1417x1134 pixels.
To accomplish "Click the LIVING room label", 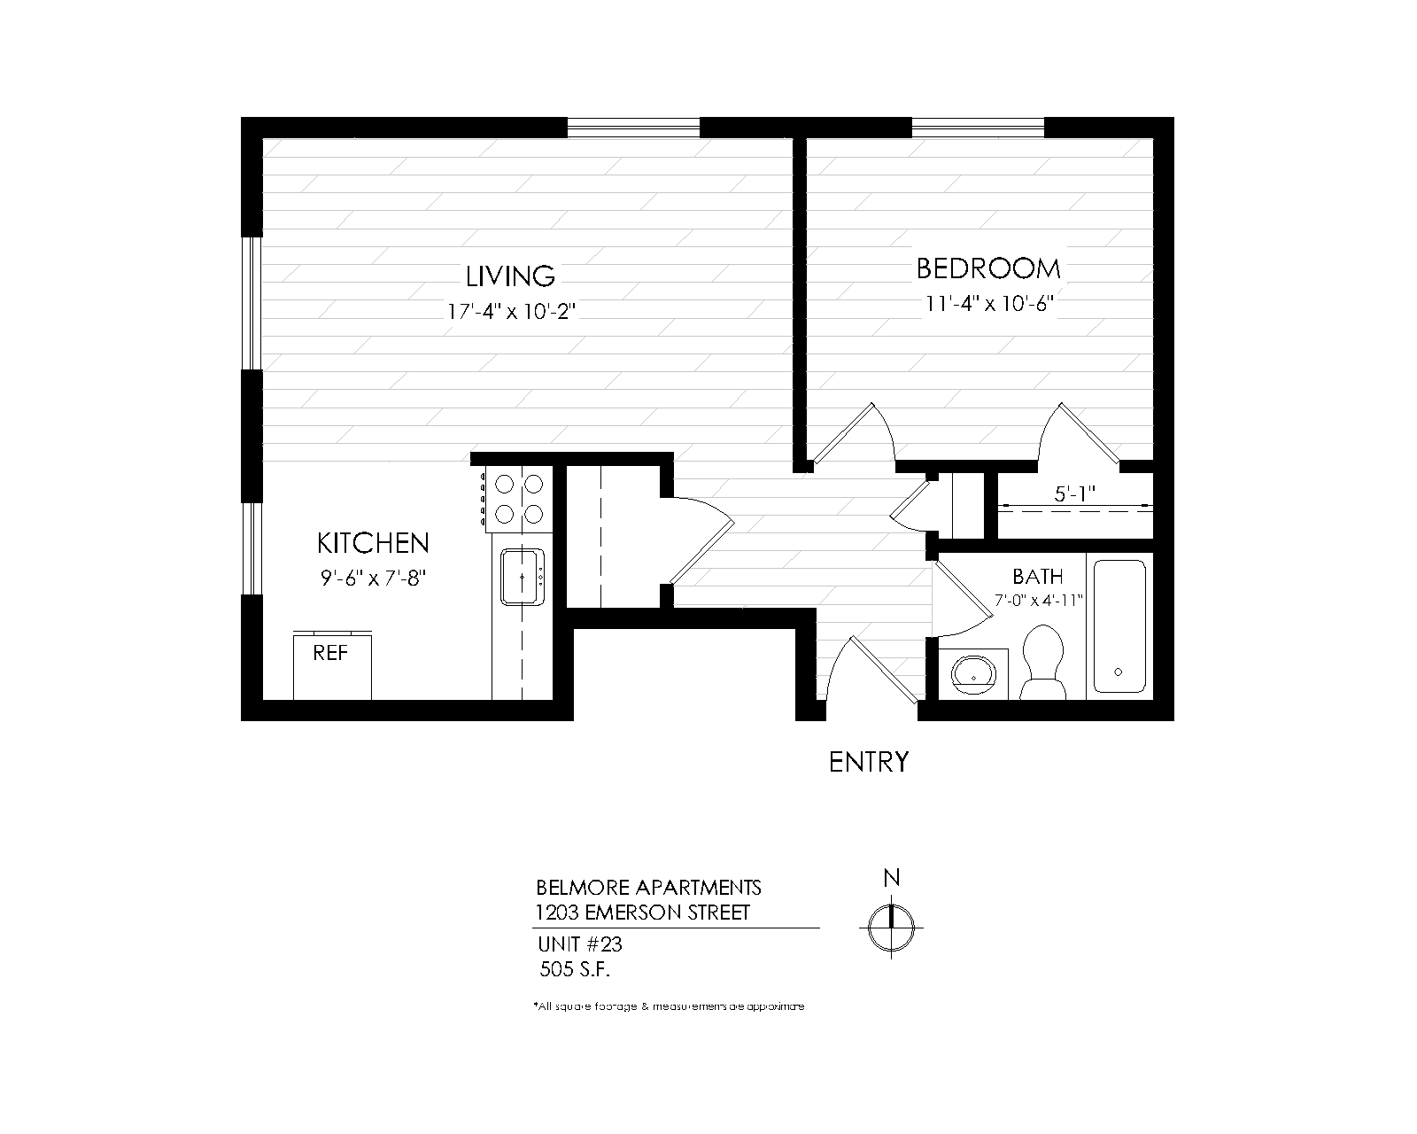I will [x=511, y=276].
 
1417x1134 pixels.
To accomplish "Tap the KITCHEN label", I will [x=373, y=542].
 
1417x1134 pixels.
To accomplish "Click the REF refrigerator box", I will [x=332, y=665].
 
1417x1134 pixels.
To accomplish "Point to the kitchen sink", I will [x=522, y=577].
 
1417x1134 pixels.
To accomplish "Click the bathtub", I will [x=1119, y=625].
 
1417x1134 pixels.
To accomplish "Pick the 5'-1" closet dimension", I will [x=1076, y=494].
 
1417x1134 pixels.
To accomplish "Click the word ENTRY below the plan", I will [x=869, y=762].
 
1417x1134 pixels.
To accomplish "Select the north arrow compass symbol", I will [x=892, y=927].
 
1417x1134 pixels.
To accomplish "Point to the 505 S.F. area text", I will [x=577, y=968].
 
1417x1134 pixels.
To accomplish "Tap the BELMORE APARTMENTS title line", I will [x=648, y=887].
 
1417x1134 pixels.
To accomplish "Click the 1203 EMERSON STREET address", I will [x=642, y=912].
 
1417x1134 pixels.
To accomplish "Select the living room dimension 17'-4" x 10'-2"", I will [x=511, y=312].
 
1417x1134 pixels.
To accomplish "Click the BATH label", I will [x=1037, y=577].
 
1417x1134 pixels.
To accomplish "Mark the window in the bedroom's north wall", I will [x=978, y=128].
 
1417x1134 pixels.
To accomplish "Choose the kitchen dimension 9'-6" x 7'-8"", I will [x=373, y=578].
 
